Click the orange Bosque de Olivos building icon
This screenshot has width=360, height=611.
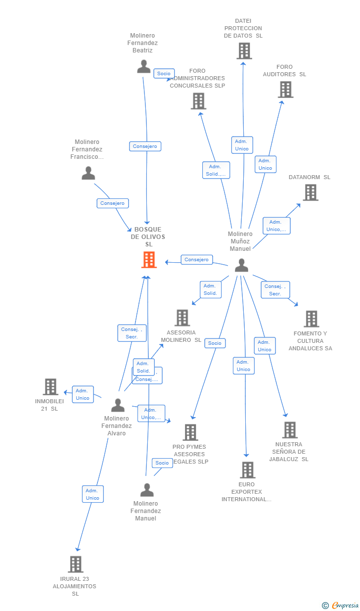pos(149,260)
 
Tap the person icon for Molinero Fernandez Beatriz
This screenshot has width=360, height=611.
pos(144,66)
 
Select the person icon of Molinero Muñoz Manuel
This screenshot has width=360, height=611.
pos(241,265)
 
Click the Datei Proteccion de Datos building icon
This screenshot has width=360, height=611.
pos(244,51)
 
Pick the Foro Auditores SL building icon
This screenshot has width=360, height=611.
pos(286,90)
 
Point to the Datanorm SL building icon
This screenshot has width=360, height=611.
pos(311,192)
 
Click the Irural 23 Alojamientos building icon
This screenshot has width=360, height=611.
pos(75,564)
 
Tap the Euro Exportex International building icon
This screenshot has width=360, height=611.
pos(247,470)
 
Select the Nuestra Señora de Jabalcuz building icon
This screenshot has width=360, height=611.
pos(290,430)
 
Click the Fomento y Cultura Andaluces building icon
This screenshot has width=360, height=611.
pos(311,319)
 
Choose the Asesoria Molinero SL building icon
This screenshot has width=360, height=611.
pos(182,318)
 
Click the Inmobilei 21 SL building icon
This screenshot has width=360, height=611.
pos(50,387)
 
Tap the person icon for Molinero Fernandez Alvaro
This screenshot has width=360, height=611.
pos(118,405)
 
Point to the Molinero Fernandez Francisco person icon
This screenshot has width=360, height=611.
pos(88,173)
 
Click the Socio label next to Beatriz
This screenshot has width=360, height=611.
pos(164,74)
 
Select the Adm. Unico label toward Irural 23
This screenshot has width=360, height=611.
pos(92,494)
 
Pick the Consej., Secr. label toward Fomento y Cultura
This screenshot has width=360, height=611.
pos(275,290)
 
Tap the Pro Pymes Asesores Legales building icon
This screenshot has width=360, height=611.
pos(190,432)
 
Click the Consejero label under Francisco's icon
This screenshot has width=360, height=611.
pos(112,203)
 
